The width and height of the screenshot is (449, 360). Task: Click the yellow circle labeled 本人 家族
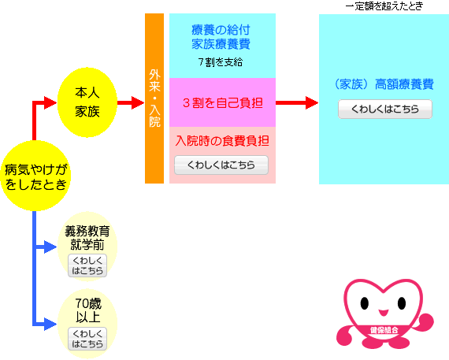pos(87,102)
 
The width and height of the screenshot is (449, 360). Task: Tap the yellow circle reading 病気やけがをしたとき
pos(35,176)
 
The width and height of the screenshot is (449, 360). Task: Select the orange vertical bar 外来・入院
pos(154,98)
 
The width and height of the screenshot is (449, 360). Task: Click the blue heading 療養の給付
pos(221,30)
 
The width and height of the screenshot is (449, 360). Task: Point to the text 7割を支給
pos(221,62)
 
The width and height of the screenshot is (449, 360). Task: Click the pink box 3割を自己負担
pos(222,102)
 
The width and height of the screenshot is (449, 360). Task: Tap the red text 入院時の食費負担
pos(222,141)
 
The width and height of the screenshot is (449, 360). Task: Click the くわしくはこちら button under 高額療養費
pos(385,109)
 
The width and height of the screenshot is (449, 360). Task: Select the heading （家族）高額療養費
pos(384,84)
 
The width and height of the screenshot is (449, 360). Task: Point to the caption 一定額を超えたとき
pos(384,6)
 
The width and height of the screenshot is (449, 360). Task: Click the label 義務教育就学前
pos(87,238)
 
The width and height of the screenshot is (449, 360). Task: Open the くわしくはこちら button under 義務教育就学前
pos(87,265)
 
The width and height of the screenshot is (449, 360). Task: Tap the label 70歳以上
pos(88,310)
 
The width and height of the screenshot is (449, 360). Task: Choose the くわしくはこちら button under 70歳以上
pos(87,339)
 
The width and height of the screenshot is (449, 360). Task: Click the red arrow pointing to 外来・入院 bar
pos(131,102)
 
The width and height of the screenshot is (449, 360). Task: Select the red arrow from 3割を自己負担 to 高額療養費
pos(297,102)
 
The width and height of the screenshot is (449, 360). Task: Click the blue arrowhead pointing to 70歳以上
pos(50,325)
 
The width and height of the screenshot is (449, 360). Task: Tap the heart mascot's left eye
pos(365,303)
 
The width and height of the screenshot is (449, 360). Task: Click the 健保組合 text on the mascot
pos(384,330)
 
